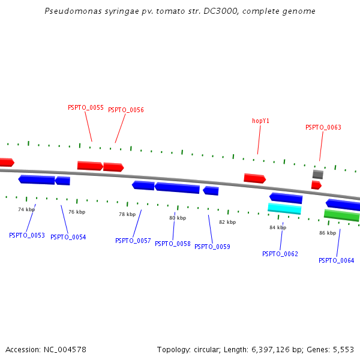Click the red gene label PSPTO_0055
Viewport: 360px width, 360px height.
[x=85, y=107]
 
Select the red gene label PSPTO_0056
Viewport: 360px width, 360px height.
[x=125, y=110]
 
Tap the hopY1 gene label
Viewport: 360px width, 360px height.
[x=260, y=121]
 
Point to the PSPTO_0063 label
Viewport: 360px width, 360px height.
[x=323, y=127]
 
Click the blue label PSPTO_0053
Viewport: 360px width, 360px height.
[x=26, y=235]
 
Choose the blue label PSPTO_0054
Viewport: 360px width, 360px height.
[x=68, y=237]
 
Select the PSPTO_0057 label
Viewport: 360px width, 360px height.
[x=133, y=241]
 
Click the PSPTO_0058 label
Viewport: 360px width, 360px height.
[x=172, y=244]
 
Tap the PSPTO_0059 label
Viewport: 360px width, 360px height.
[x=212, y=247]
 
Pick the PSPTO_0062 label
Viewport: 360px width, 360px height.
[x=280, y=254]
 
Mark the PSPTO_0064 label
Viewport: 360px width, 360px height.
[x=336, y=260]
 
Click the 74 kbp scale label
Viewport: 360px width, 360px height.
[x=26, y=209]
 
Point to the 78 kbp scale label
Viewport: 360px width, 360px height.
[x=127, y=214]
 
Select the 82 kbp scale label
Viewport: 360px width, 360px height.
[x=227, y=222]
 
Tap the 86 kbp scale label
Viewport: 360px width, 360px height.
[x=328, y=233]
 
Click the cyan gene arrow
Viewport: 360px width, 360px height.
[x=284, y=208]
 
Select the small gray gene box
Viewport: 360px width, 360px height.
[x=318, y=174]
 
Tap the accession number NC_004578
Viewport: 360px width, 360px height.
[x=64, y=349]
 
